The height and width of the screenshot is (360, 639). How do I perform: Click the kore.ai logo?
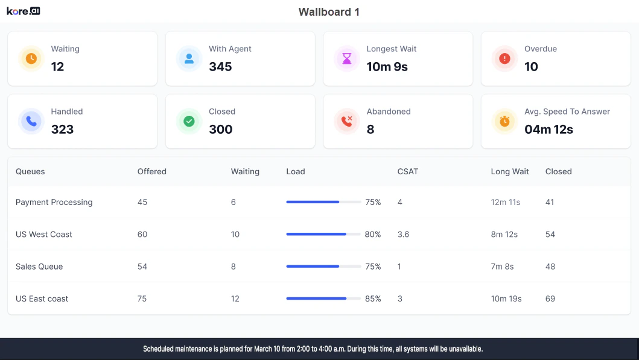click(x=24, y=11)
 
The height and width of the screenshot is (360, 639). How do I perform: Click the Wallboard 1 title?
click(x=329, y=12)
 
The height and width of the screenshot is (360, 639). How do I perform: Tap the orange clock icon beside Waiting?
click(x=31, y=58)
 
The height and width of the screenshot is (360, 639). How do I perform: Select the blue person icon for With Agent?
click(x=189, y=58)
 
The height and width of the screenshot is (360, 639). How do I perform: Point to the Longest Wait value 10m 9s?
click(x=387, y=66)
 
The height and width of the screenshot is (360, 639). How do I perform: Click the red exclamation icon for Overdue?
click(x=504, y=58)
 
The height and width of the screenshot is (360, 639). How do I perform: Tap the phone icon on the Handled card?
click(x=31, y=121)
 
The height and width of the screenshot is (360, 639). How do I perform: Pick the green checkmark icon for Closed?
click(x=189, y=121)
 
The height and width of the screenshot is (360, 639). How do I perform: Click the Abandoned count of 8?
click(x=370, y=129)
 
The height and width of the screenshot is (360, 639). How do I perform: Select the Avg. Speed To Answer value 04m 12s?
click(x=548, y=129)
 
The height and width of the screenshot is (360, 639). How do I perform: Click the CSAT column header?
click(x=408, y=171)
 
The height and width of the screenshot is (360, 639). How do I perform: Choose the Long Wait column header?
click(x=510, y=171)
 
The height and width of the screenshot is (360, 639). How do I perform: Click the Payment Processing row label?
click(x=54, y=202)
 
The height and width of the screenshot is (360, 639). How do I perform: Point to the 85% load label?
click(x=373, y=298)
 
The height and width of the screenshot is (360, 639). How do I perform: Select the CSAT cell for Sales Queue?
click(x=399, y=267)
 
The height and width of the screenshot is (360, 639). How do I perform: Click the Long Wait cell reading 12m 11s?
click(x=506, y=202)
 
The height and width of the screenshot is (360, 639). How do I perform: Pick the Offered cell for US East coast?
click(x=142, y=298)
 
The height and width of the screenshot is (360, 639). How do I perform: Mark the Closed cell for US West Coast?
click(x=550, y=234)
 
